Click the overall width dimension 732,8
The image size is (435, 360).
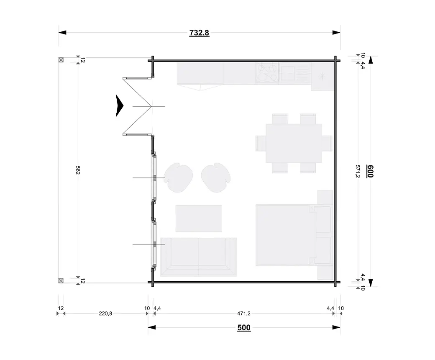coord(199,33)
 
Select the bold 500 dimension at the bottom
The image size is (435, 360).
coord(244,327)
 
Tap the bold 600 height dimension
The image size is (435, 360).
coord(370,171)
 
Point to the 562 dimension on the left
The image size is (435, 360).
coord(78,170)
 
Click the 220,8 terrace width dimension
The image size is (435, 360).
coord(105,314)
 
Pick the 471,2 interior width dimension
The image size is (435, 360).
coord(244,314)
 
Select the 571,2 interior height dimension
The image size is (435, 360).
coord(358,171)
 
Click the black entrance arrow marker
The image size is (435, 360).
coord(119,105)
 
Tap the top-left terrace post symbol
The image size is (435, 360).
coord(61,60)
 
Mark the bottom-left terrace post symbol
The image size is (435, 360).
coord(61,280)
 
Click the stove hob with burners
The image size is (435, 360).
coord(267,73)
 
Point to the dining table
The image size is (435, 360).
coord(294,143)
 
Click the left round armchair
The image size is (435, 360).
coord(178,177)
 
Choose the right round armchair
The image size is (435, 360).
coord(216,177)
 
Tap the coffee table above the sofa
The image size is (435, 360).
coord(199,219)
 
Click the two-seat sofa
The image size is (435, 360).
coord(198,257)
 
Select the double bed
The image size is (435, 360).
coord(294,235)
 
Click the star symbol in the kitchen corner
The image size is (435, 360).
coord(322,76)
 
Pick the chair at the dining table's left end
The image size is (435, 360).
coord(261,143)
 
